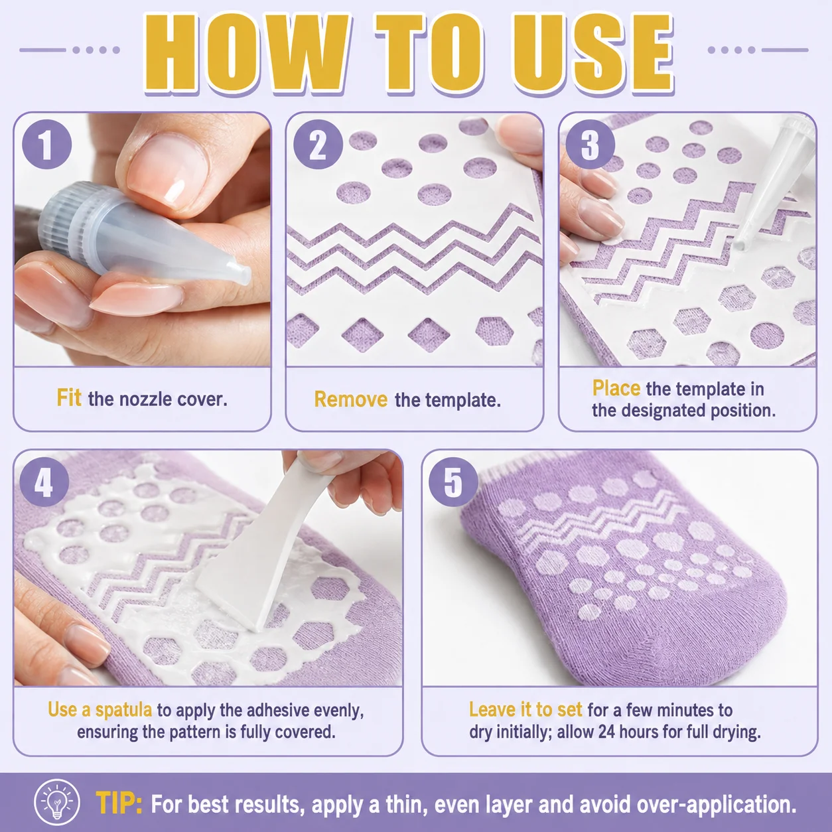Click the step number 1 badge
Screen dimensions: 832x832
click(x=47, y=144)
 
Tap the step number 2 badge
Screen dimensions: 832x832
click(x=318, y=144)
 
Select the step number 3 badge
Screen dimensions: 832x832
click(x=590, y=144)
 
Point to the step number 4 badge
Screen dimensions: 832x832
click(x=44, y=482)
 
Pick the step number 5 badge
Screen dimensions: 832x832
click(x=453, y=482)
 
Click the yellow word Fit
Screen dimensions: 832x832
click(x=69, y=397)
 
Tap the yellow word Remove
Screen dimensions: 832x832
click(x=350, y=399)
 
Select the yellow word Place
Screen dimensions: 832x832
click(x=616, y=388)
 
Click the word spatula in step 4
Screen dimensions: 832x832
click(x=123, y=710)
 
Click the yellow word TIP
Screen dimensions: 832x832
click(x=119, y=803)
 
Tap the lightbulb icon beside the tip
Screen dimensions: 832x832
click(x=57, y=802)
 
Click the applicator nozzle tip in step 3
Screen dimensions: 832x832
click(x=740, y=245)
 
